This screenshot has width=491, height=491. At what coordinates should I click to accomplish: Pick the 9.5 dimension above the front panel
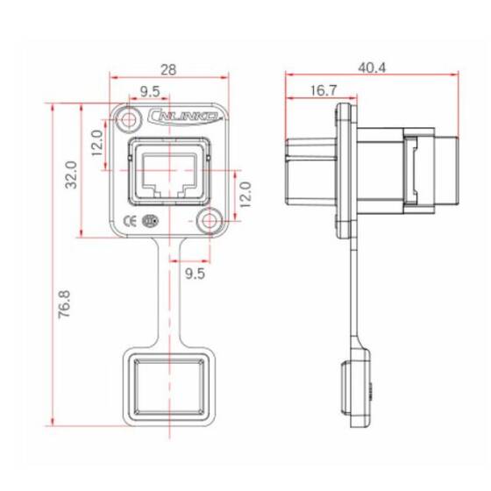[149, 90]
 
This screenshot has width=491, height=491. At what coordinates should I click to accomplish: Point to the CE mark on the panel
[129, 220]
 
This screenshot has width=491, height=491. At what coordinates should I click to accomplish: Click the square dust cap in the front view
[170, 388]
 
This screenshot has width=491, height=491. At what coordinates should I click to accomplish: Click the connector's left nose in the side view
[307, 171]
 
